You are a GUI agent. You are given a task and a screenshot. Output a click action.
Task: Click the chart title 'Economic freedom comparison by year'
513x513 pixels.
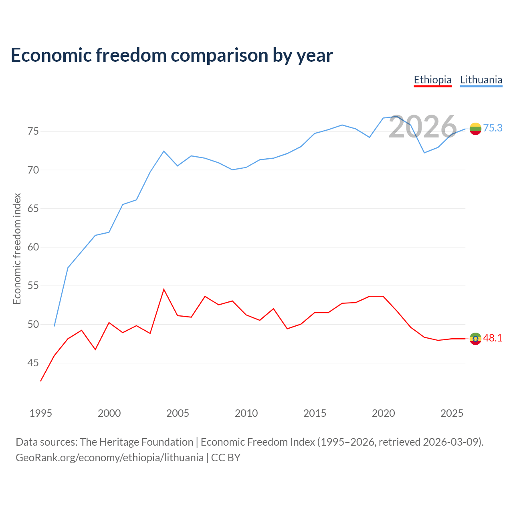tap(172, 55)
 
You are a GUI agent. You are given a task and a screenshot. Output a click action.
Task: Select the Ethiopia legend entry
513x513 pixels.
tap(432, 80)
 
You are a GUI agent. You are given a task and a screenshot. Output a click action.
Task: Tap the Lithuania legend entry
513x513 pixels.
tap(481, 80)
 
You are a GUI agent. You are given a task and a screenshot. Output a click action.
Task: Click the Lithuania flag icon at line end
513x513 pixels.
tap(475, 129)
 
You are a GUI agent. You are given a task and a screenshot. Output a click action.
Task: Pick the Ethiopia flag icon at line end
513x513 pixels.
tap(475, 339)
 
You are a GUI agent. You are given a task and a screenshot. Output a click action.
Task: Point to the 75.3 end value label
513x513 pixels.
tap(493, 128)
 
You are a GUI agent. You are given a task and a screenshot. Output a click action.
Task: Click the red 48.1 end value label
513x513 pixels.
tap(493, 338)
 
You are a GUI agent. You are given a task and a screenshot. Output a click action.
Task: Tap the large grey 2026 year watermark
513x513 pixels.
tap(423, 127)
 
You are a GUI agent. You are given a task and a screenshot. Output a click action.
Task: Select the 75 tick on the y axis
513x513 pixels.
tap(33, 131)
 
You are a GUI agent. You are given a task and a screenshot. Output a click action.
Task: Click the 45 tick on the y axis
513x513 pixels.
tap(33, 363)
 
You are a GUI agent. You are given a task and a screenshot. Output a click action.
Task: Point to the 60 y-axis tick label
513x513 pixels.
tap(33, 247)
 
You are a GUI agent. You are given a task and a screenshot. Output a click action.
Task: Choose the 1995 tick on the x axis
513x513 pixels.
tap(41, 413)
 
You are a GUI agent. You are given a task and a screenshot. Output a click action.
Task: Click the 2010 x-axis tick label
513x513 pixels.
tap(246, 413)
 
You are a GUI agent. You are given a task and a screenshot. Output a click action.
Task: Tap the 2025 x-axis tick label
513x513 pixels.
tap(452, 413)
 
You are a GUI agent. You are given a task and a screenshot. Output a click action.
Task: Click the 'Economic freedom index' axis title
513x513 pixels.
tap(17, 248)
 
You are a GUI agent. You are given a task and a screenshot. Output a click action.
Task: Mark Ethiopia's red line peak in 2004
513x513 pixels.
tap(164, 289)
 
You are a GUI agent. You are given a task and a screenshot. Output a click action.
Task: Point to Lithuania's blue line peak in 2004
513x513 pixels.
tap(164, 151)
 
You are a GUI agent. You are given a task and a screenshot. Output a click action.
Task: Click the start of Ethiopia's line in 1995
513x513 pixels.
tap(41, 381)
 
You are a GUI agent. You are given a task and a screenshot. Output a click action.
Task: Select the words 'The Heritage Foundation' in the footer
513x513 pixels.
tap(137, 442)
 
